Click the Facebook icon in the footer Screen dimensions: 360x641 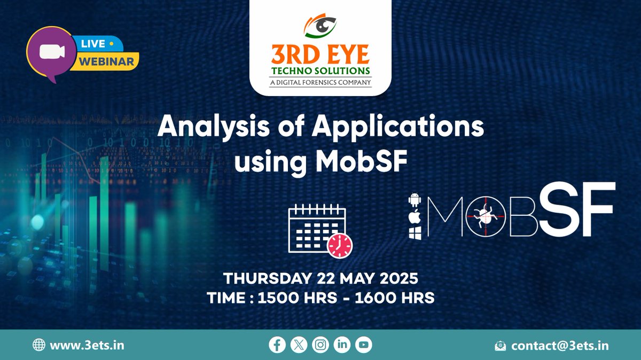[x=277, y=345]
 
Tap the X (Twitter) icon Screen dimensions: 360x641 [x=299, y=345]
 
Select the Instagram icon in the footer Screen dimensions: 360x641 [x=320, y=345]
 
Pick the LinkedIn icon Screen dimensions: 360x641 [x=342, y=345]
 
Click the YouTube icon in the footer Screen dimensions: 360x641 [x=363, y=345]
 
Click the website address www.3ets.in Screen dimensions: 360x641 [x=87, y=345]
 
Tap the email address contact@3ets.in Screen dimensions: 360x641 [x=560, y=345]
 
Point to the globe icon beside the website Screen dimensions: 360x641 [x=39, y=345]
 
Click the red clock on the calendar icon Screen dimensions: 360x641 [x=340, y=245]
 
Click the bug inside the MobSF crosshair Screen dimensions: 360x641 [x=484, y=215]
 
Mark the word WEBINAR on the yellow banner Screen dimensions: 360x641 [x=106, y=61]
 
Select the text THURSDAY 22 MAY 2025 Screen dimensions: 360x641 [x=320, y=279]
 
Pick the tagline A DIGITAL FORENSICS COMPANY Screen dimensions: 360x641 [x=320, y=82]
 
